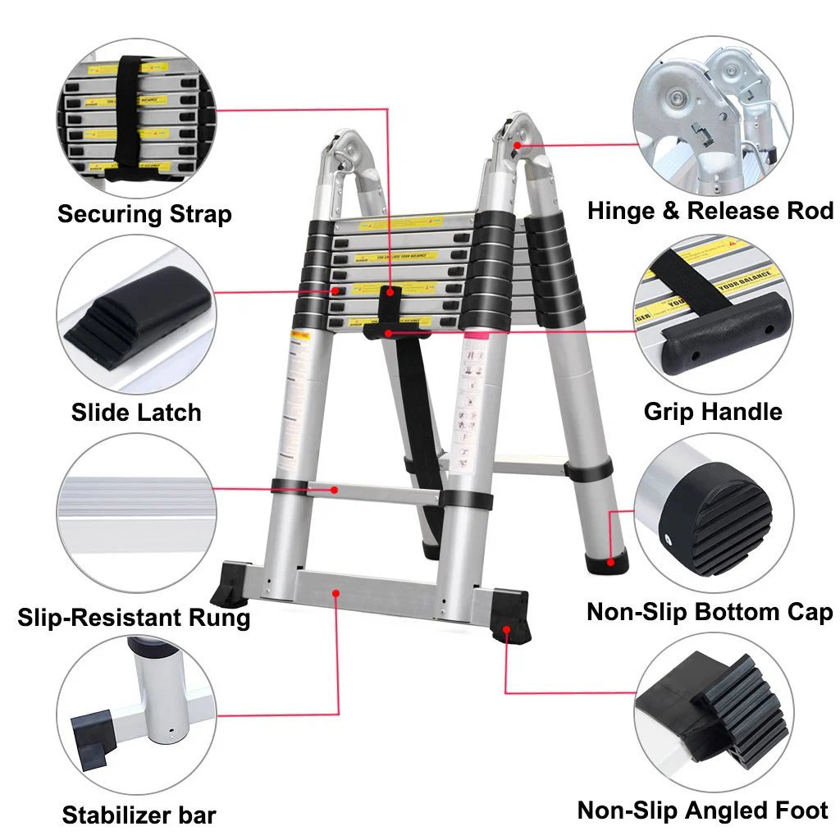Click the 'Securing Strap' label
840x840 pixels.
144,214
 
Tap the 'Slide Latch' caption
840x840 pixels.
136,412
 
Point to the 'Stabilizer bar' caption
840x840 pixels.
139,815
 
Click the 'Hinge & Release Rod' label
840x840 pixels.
710,211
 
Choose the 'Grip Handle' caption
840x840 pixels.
713,411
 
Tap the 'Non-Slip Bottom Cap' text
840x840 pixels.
710,612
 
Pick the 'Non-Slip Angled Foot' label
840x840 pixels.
703,810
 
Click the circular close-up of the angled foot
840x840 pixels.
714,710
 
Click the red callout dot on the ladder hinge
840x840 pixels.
518,144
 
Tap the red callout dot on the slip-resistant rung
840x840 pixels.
335,490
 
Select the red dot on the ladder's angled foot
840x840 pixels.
506,629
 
